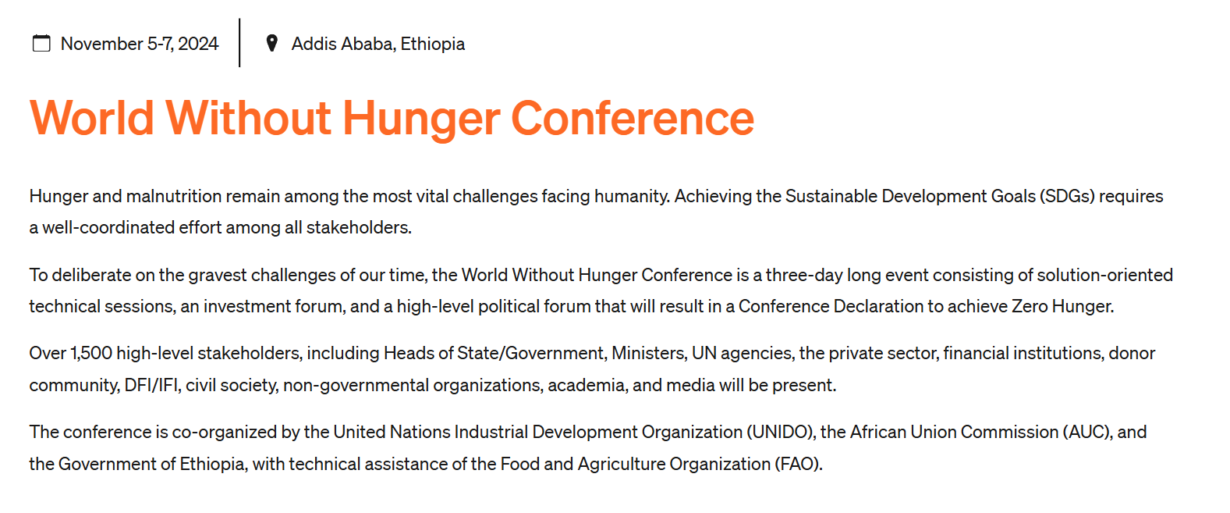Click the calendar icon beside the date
[x=41, y=43]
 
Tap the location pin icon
[x=271, y=43]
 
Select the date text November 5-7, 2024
[x=140, y=44]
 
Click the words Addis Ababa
[x=342, y=44]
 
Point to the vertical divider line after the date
[x=239, y=42]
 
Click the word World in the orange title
[x=92, y=118]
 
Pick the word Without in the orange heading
[x=249, y=118]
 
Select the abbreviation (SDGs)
[x=1067, y=196]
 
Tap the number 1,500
[x=91, y=353]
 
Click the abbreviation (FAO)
[x=799, y=464]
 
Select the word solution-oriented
[x=1104, y=275]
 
